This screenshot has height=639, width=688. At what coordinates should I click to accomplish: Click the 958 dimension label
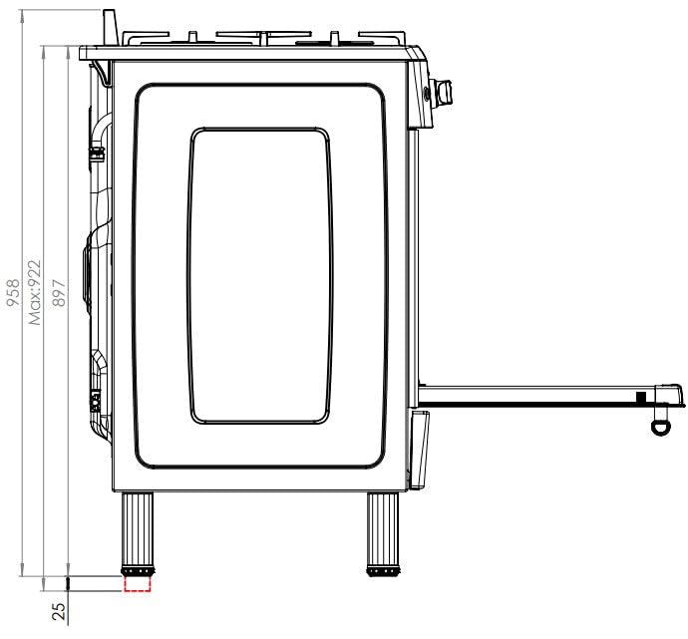point(13,292)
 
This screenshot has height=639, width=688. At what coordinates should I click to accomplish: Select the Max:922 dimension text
point(34,292)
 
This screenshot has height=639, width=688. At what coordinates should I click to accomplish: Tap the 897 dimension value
point(59,292)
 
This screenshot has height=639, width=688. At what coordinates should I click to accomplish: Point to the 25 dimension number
point(59,611)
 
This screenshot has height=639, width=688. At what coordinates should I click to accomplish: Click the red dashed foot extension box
point(138,583)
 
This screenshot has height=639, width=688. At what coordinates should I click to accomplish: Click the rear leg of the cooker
point(138,529)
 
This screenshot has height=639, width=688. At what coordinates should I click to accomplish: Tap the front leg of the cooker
point(383,529)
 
